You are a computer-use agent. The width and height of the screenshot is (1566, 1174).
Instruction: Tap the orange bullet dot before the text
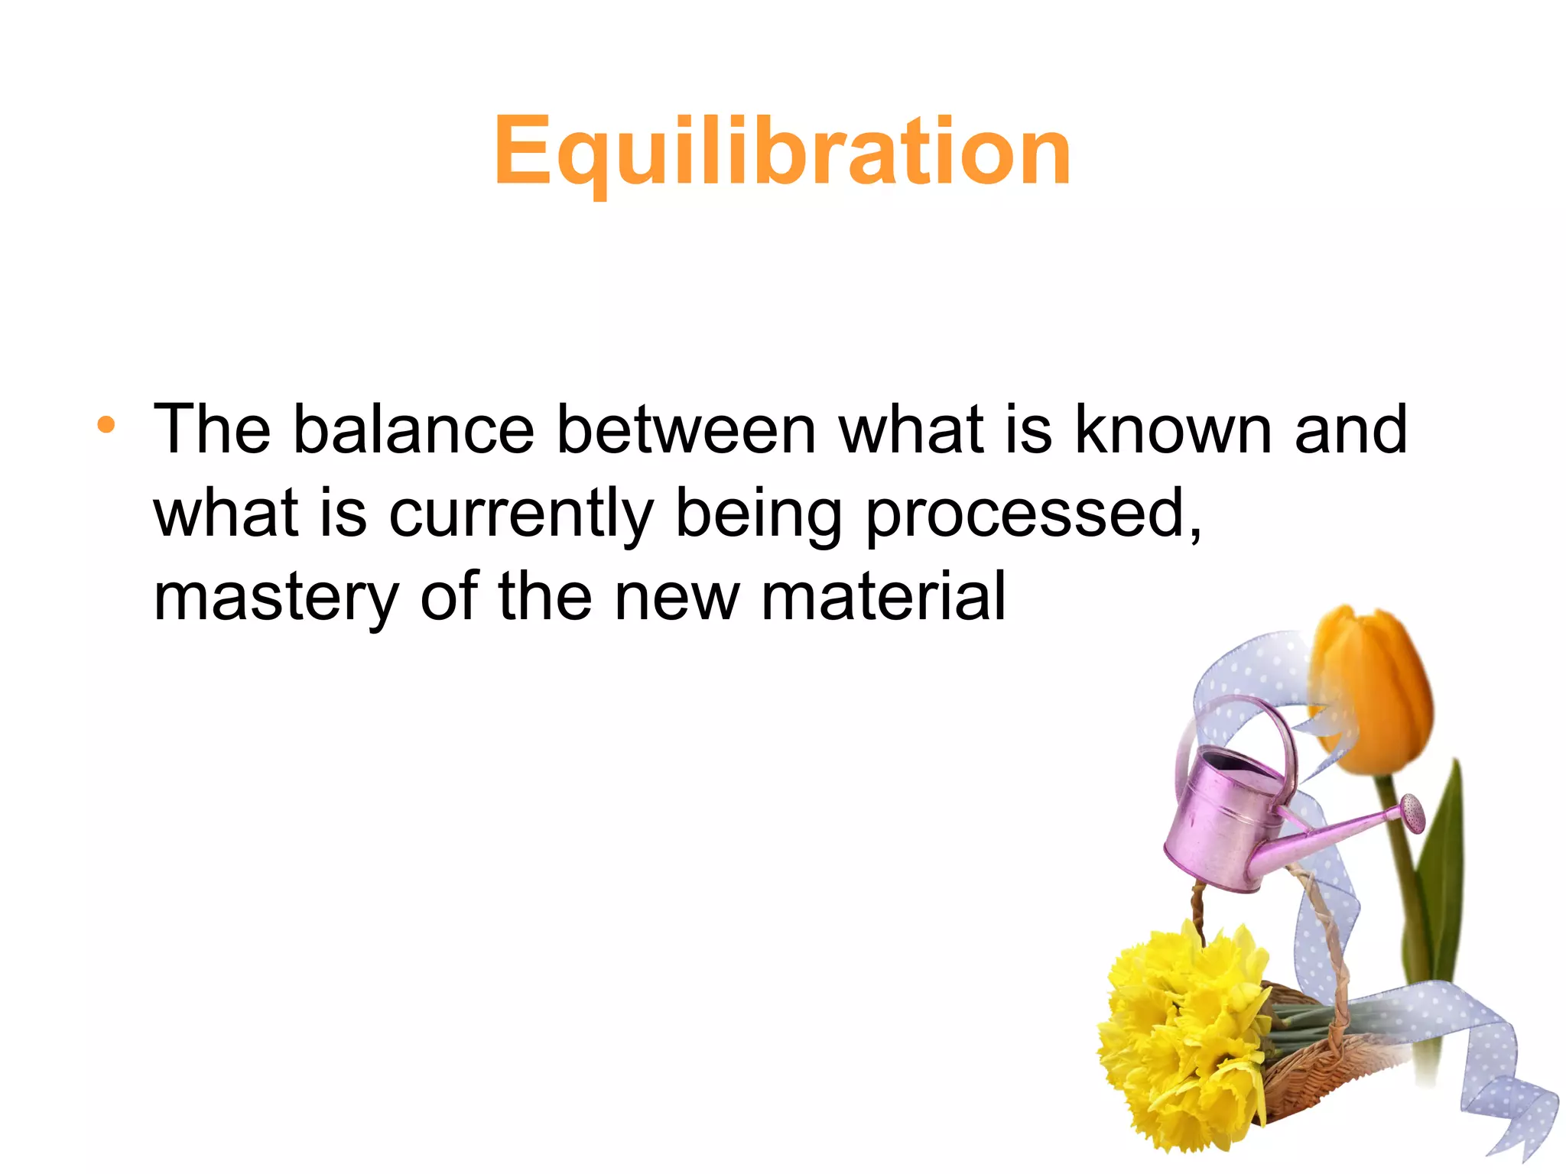[106, 425]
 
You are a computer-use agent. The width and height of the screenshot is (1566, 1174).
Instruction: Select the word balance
[413, 430]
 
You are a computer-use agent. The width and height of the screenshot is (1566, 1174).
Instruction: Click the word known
[1173, 430]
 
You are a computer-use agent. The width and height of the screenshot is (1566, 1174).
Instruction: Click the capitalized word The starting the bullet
[213, 430]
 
